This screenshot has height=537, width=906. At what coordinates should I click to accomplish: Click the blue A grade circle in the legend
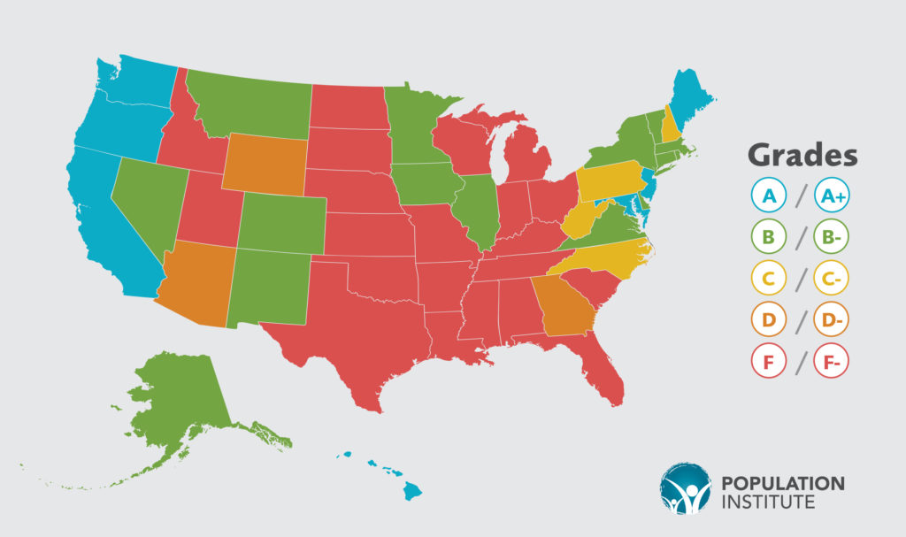[768, 196]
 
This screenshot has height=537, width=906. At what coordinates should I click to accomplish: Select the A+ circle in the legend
[833, 196]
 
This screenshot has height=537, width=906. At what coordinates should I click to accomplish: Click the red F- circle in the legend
[833, 363]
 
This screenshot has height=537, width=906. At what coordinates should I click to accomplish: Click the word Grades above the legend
[802, 155]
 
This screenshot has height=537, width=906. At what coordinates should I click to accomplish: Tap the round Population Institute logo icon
[685, 487]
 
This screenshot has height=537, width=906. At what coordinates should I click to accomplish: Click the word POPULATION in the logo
[783, 483]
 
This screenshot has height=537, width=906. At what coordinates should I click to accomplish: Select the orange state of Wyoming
[265, 165]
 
